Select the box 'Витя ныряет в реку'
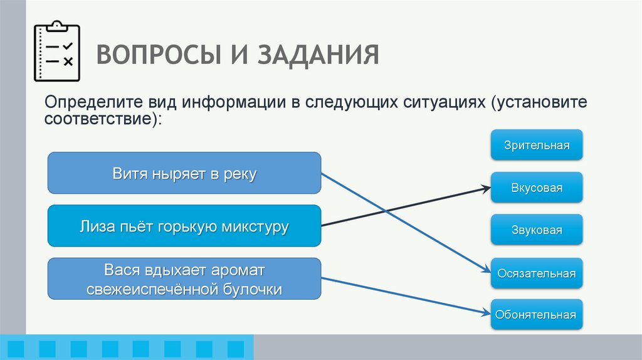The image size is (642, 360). [184, 172]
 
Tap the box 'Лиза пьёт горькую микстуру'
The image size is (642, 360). [184, 226]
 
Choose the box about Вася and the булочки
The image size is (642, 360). [184, 279]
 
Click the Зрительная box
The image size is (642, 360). [537, 145]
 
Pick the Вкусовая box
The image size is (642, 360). [537, 188]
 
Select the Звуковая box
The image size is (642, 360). [537, 230]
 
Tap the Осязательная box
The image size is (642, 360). [537, 273]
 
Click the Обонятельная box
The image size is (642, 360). [537, 315]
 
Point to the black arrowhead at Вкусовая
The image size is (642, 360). [487, 188]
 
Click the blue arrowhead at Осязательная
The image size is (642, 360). [487, 270]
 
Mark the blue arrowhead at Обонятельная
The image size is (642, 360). [487, 312]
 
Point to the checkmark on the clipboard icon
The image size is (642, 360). [68, 46]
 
